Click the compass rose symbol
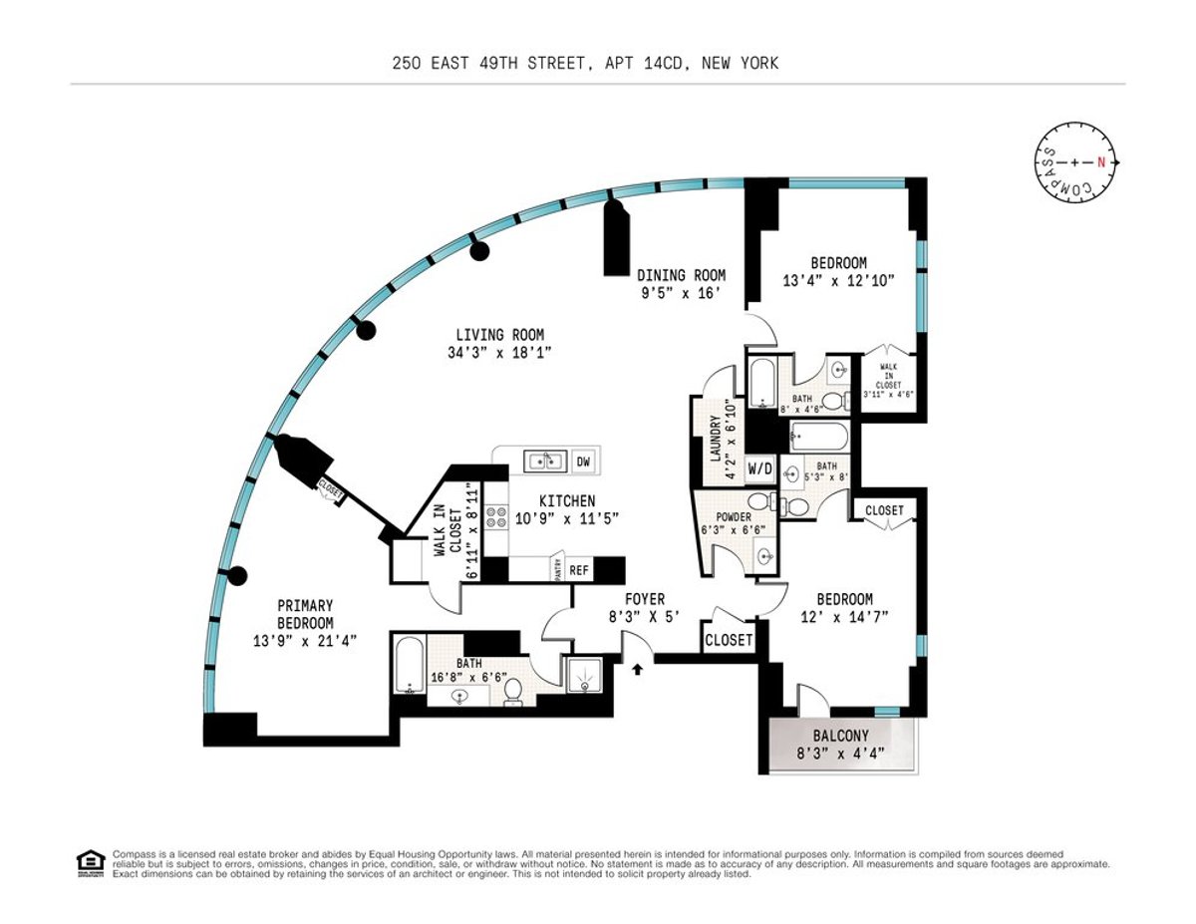(x=1075, y=161)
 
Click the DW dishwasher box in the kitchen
(x=583, y=461)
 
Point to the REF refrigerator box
(x=578, y=571)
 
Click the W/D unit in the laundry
(x=760, y=467)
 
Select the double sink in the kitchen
(x=545, y=461)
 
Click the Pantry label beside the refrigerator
(x=557, y=570)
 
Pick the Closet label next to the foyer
(x=729, y=640)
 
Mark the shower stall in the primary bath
(x=585, y=676)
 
